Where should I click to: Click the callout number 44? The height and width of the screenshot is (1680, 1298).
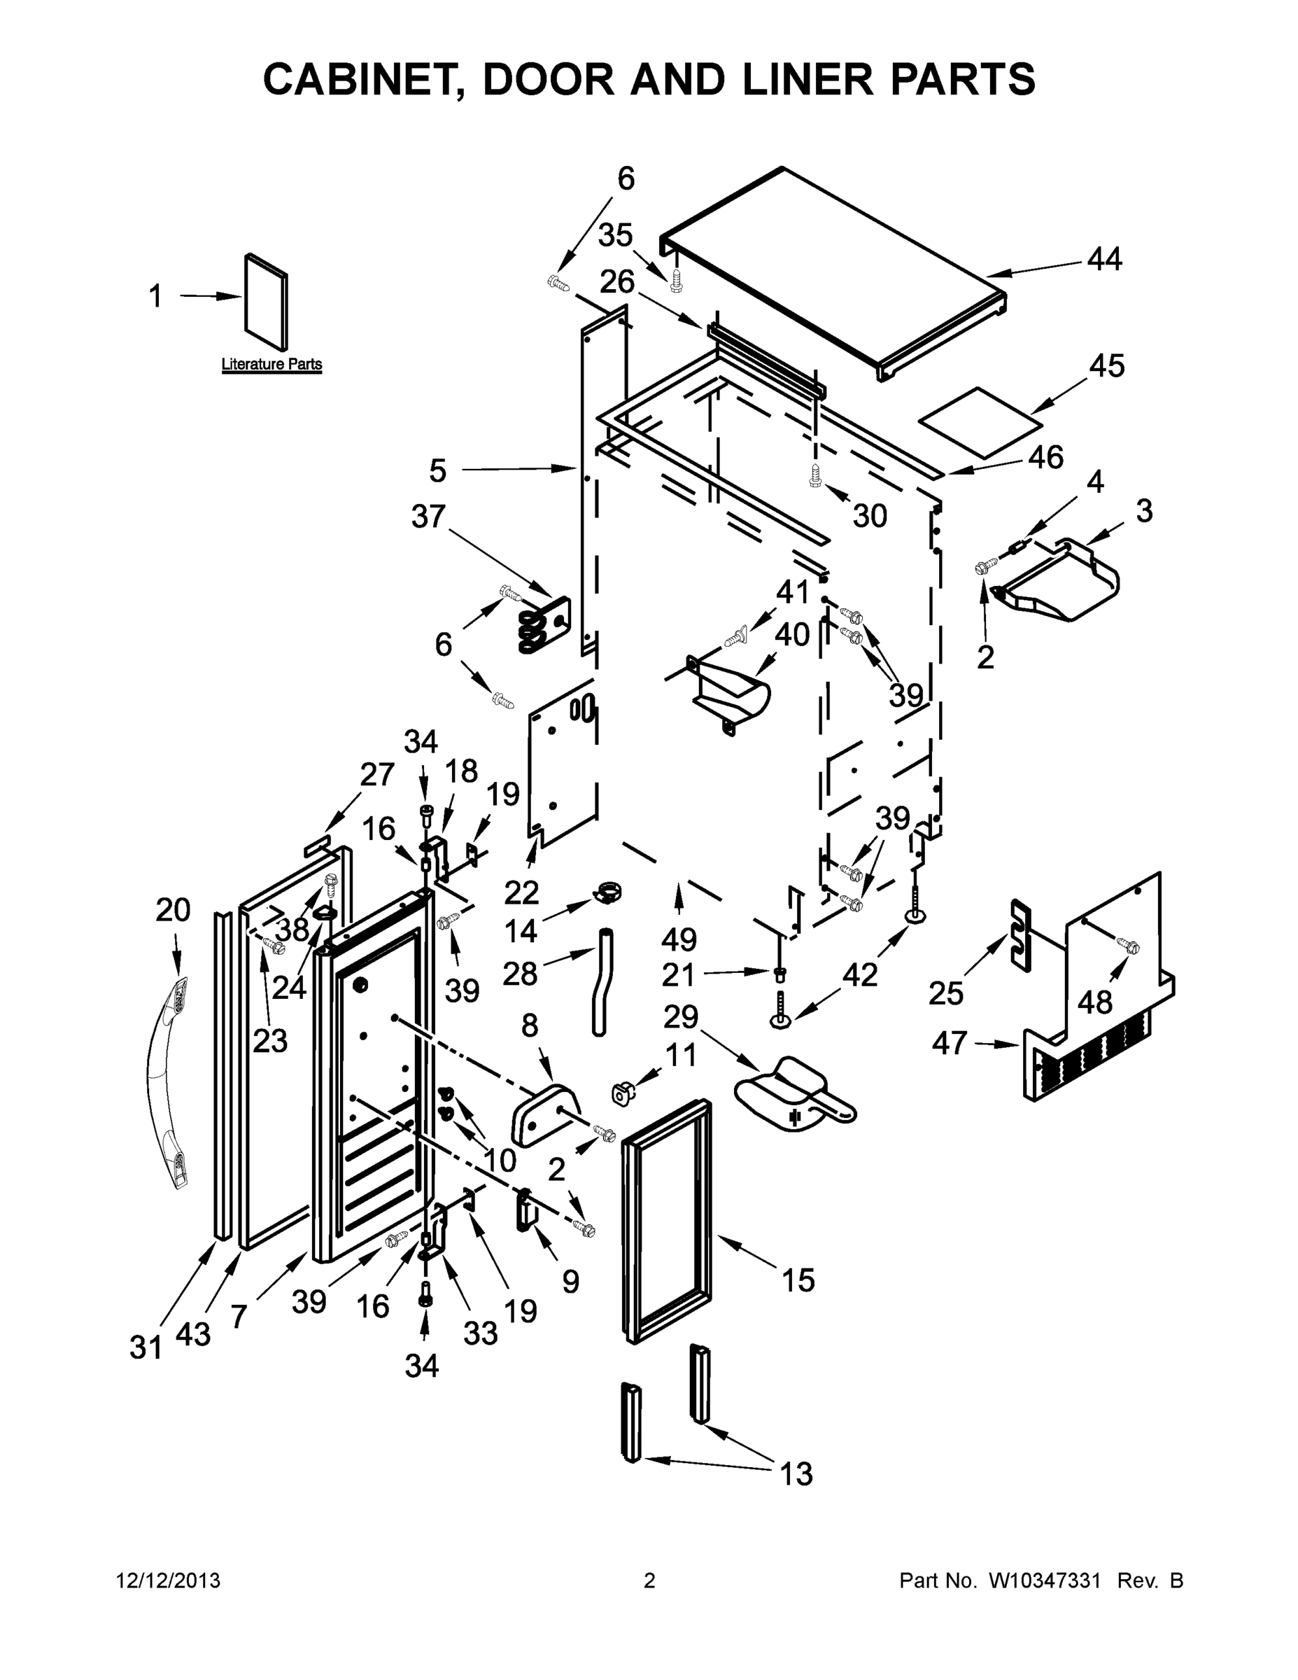(x=1104, y=259)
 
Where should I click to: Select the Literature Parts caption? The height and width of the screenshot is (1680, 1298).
(x=271, y=364)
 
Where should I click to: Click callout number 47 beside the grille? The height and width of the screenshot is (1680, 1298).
(x=949, y=1043)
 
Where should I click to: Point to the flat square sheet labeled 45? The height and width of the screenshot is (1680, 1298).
(x=981, y=420)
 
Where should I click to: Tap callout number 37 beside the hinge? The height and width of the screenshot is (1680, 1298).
(x=428, y=516)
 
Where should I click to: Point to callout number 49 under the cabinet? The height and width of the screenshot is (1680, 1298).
(x=678, y=939)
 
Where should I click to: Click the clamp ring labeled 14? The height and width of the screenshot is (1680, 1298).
(x=607, y=894)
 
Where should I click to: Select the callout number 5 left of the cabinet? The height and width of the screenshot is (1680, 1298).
(x=437, y=470)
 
